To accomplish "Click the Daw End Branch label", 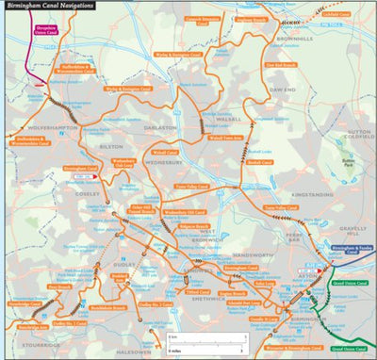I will click(x=283, y=65).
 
